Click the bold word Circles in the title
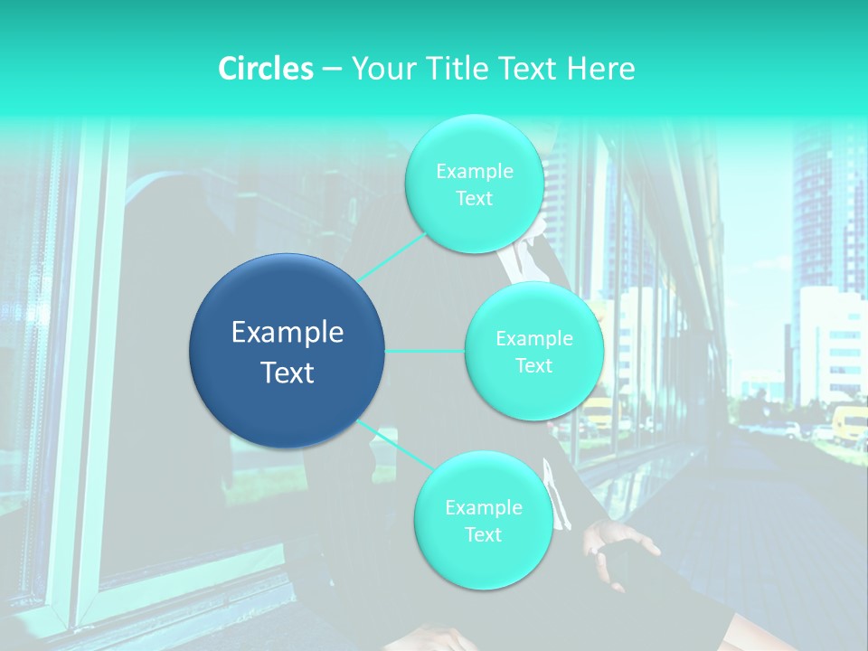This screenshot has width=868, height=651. pyautogui.click(x=266, y=69)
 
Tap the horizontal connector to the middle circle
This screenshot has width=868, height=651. pyautogui.click(x=425, y=351)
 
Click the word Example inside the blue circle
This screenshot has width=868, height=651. pyautogui.click(x=287, y=333)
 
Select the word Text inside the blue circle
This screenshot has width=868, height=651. pyautogui.click(x=287, y=373)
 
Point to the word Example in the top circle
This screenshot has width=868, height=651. pyautogui.click(x=474, y=171)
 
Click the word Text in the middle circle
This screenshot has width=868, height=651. pyautogui.click(x=533, y=365)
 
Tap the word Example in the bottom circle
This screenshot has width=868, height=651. pyautogui.click(x=483, y=507)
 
